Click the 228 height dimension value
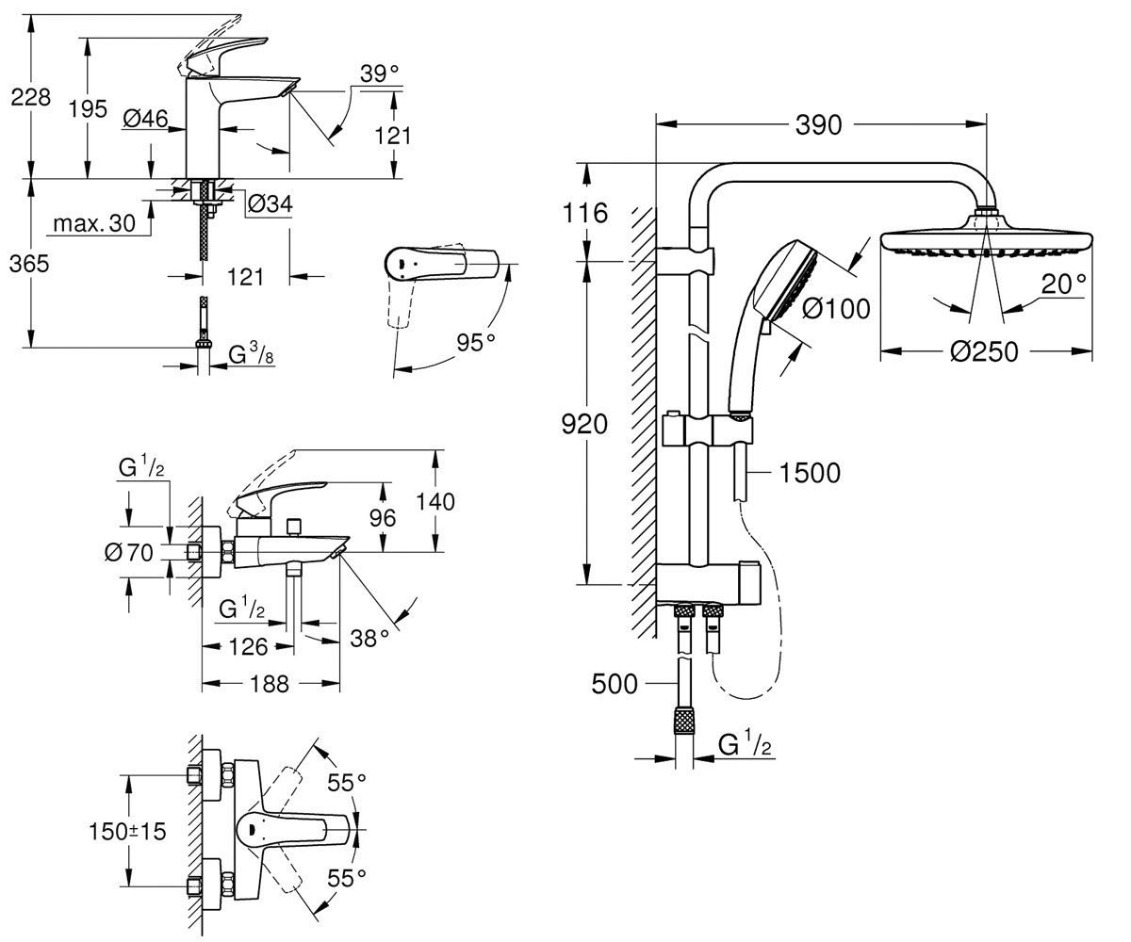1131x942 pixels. (x=31, y=97)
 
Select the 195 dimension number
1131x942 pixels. (x=88, y=109)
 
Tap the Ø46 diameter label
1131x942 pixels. (x=145, y=118)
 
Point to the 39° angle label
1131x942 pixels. (x=379, y=73)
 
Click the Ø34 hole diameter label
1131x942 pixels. (x=270, y=203)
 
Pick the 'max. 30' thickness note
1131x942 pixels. (x=94, y=223)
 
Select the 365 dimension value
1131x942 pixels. (x=29, y=264)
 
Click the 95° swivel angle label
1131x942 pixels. (x=476, y=342)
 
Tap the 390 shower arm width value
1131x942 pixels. (x=818, y=125)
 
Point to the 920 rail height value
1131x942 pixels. (x=584, y=425)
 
